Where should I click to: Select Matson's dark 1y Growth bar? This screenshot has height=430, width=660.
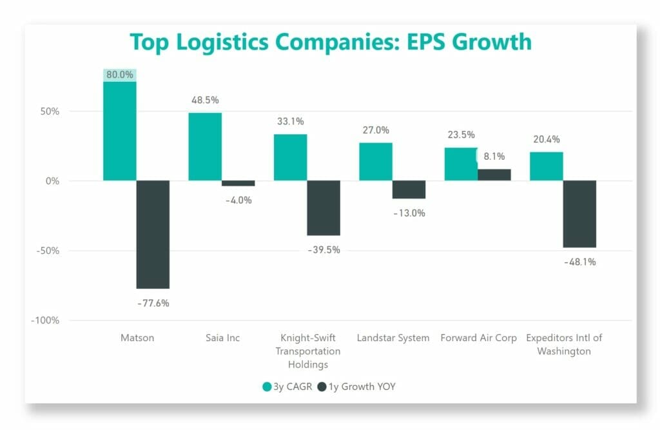153,234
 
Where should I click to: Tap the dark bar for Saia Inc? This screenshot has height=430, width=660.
238,183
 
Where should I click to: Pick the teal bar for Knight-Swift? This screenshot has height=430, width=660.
290,157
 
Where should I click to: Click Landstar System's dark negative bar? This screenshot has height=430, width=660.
409,190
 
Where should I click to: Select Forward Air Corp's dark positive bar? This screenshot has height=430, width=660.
494,175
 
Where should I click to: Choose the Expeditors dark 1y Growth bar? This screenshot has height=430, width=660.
579,213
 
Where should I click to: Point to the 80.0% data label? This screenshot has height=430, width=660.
120,75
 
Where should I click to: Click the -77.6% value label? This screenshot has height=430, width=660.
153,302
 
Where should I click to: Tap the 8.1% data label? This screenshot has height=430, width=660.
494,156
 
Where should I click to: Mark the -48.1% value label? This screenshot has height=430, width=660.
579,262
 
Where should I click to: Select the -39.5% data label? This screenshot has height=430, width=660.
324,249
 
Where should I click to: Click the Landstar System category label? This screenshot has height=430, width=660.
393,338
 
